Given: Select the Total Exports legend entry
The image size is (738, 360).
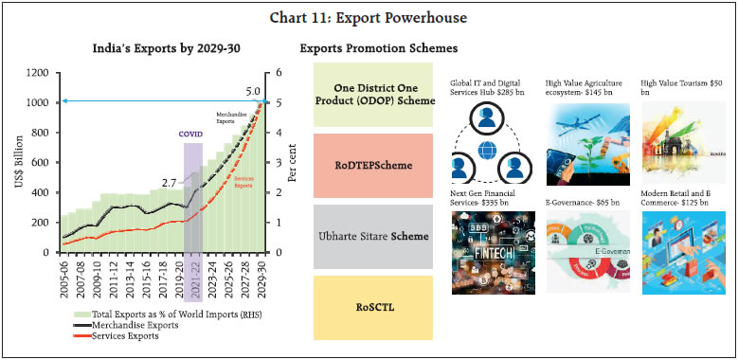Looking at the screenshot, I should [157, 313].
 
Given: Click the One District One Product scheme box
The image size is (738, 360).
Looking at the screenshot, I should [374, 93].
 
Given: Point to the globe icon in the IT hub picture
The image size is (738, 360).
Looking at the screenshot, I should [489, 150].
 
